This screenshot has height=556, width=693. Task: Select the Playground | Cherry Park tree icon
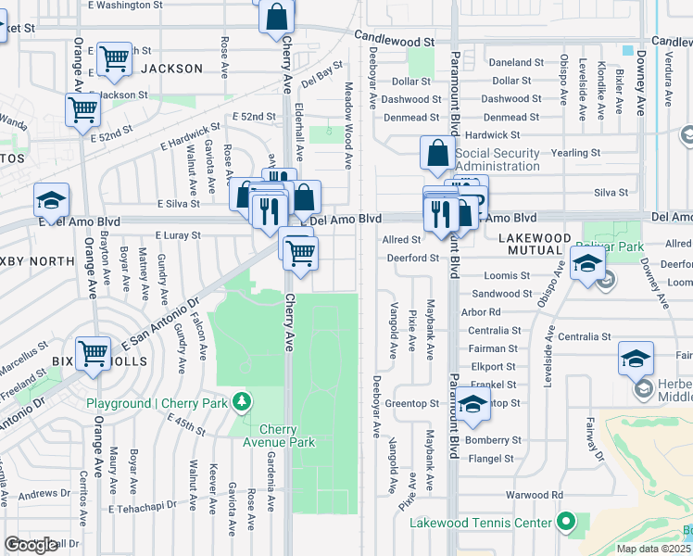242,402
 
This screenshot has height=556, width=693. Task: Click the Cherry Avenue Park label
287,436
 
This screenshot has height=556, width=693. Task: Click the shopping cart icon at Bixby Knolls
94,352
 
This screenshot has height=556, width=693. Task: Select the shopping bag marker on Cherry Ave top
277,16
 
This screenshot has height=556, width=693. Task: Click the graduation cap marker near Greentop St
472,403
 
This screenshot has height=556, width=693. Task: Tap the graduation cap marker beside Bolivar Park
587,264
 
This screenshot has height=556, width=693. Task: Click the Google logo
31,545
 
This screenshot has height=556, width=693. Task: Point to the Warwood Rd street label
540,495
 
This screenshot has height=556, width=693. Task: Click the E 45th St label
186,427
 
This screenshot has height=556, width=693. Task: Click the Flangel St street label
491,459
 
